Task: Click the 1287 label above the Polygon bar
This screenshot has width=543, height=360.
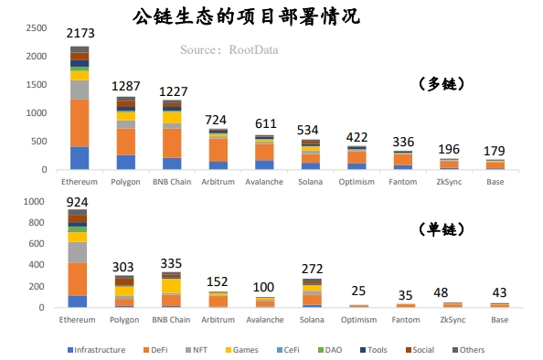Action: [x=125, y=86]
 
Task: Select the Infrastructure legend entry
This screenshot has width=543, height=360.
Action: [x=99, y=350]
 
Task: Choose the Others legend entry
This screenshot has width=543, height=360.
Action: [x=468, y=350]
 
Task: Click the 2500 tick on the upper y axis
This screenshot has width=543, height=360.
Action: [x=35, y=28]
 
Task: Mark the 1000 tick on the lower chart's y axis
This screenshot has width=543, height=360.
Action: [x=35, y=201]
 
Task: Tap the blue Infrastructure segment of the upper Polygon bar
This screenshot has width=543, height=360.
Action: [x=125, y=162]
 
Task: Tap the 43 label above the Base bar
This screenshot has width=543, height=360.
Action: [x=498, y=291]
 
